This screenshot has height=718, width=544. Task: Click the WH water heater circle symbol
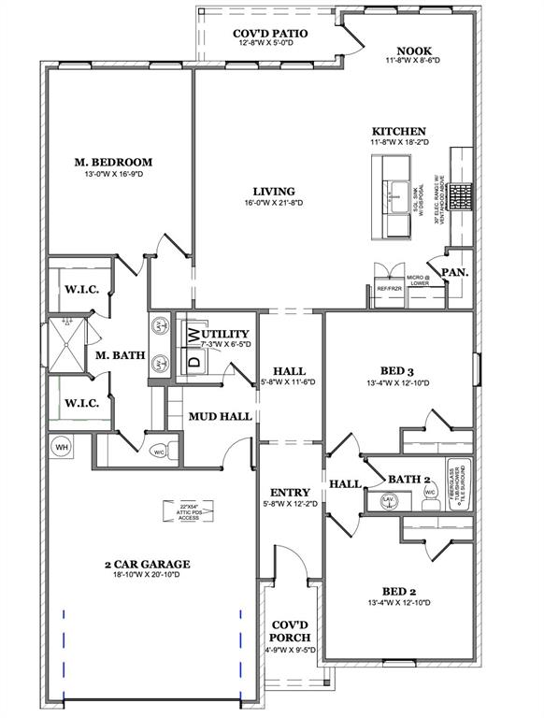click(x=62, y=447)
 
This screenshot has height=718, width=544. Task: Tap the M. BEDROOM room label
click(x=113, y=162)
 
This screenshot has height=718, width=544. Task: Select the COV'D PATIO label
click(x=270, y=33)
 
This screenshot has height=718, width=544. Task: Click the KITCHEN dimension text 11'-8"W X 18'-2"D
click(x=399, y=143)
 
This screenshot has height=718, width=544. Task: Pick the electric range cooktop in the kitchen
click(x=461, y=196)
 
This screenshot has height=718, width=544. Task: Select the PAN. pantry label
click(x=455, y=272)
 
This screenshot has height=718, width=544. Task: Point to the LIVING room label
click(x=274, y=191)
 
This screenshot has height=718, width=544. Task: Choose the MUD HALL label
click(x=220, y=416)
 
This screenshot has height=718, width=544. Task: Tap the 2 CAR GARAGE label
click(x=147, y=564)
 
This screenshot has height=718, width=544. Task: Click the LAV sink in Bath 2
click(x=387, y=500)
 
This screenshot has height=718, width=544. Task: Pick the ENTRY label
click(x=291, y=493)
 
